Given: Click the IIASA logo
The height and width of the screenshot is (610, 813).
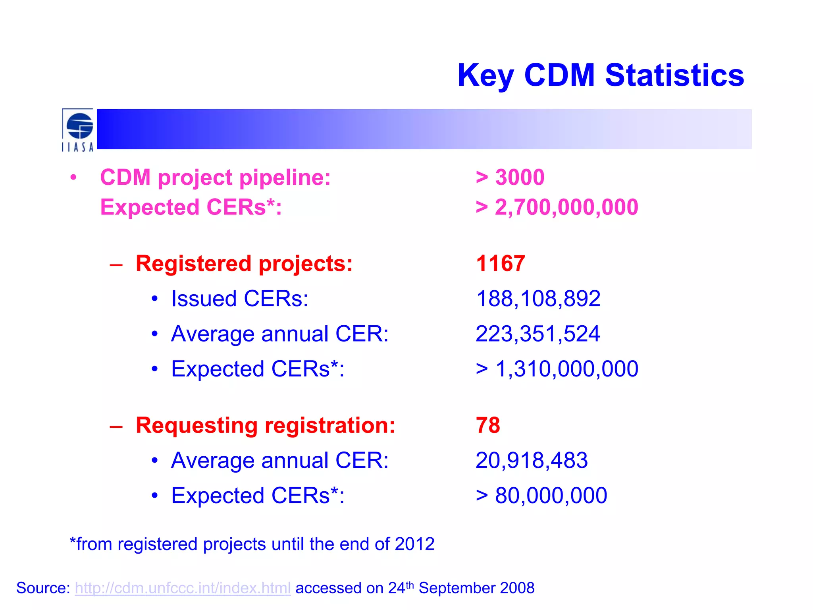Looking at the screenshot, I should tap(78, 130).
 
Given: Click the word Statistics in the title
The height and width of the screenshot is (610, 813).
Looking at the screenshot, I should tap(674, 75).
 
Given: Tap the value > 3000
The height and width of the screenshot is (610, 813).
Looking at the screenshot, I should tap(510, 177).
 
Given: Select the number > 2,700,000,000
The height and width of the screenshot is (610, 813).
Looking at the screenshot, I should tap(557, 207).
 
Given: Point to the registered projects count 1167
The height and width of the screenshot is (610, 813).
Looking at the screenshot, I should tap(500, 263).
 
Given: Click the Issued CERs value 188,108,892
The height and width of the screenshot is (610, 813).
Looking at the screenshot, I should tap(538, 299).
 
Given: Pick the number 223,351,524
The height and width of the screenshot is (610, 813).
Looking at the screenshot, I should tap(538, 334).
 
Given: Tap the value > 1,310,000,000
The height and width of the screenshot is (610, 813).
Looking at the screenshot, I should tap(557, 369).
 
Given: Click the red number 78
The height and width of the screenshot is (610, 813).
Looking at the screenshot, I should tap(488, 425).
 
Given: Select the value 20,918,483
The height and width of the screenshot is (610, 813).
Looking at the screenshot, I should tap(532, 461).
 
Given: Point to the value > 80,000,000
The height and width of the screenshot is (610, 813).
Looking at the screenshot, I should tap(541, 496).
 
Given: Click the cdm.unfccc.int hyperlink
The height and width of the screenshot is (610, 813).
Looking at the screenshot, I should tap(183, 588).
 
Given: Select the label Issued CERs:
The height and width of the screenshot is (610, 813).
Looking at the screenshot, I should tap(239, 299).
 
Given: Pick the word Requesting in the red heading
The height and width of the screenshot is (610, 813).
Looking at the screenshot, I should tap(197, 426).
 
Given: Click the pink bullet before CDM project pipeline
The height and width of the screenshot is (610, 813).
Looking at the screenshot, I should tap(73, 178).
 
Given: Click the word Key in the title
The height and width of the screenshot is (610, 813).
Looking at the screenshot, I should tap(486, 75).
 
